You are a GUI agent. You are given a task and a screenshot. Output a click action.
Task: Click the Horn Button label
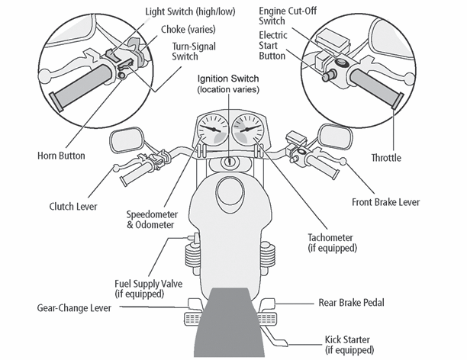coord(61,155)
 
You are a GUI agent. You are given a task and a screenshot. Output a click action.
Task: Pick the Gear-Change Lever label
coord(72,308)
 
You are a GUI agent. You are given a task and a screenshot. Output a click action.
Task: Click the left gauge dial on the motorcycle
coord(214,130)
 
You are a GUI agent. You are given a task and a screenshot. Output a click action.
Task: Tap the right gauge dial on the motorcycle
coord(249,130)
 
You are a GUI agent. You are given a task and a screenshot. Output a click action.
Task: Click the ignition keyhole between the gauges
coord(231,162)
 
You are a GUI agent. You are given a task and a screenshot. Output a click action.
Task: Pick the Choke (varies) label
coord(189,30)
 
